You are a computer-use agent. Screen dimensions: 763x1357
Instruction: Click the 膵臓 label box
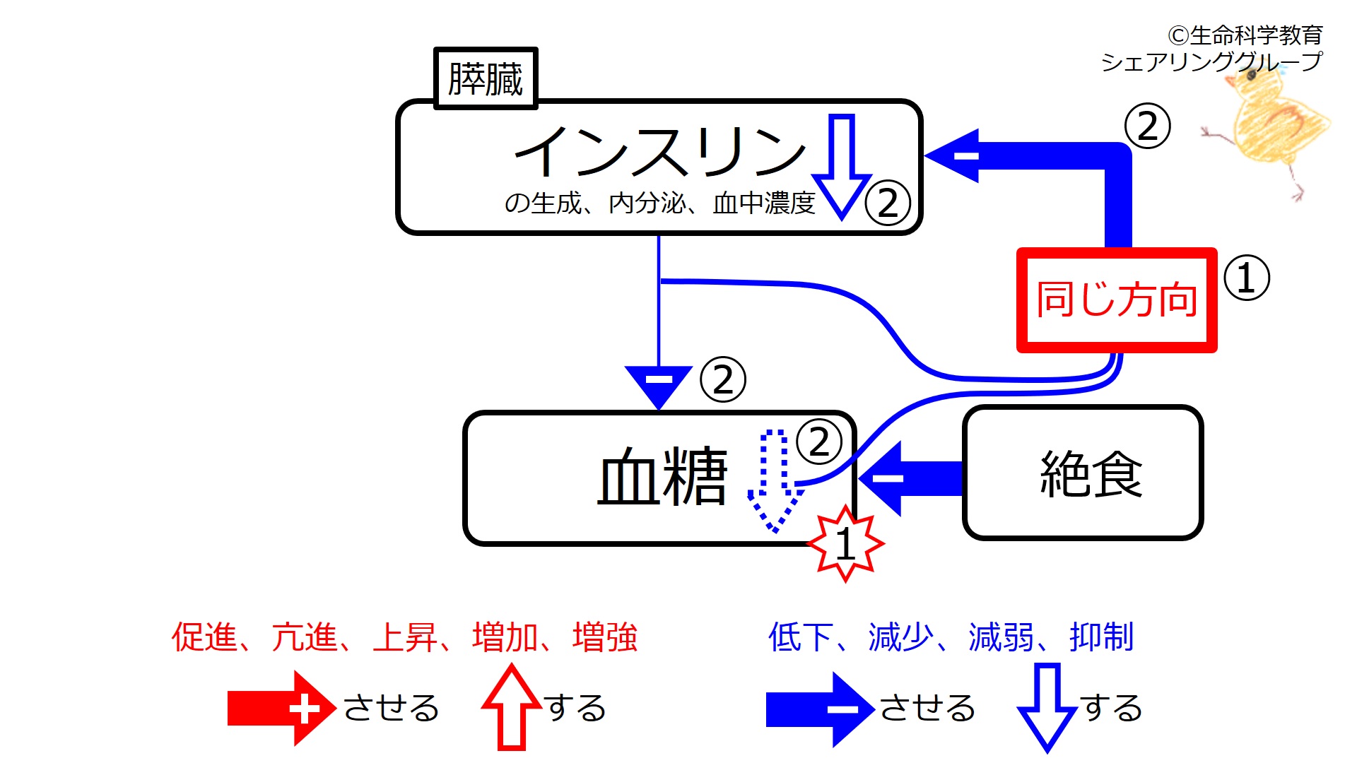[x=486, y=78]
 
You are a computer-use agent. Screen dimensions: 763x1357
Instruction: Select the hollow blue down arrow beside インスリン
[x=841, y=167]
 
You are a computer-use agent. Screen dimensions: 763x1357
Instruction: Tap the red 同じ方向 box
[x=1117, y=300]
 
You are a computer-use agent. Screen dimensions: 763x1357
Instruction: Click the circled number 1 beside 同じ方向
[x=1246, y=278]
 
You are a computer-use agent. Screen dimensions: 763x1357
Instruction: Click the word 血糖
[x=662, y=478]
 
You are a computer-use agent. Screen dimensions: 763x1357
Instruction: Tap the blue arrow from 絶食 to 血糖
[x=912, y=478]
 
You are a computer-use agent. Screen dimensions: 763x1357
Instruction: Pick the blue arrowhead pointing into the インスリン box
[x=954, y=155]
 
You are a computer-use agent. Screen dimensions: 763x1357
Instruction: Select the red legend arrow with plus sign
[x=281, y=709]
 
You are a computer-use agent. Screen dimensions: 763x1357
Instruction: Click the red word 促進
[x=204, y=637]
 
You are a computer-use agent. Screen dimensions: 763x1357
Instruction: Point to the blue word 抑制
[x=1101, y=637]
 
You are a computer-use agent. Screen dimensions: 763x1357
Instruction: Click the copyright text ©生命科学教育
[x=1245, y=35]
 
